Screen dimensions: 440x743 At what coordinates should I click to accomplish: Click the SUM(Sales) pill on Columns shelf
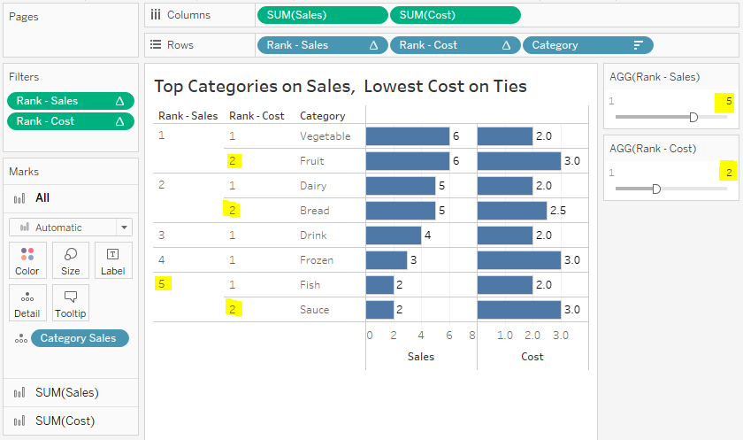322,15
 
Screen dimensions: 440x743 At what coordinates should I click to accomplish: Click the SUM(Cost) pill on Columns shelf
455,15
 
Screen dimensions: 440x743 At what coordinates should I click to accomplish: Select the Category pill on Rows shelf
587,45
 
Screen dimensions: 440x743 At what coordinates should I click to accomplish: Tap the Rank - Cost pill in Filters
70,121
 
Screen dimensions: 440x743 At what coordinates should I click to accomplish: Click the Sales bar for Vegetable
407,136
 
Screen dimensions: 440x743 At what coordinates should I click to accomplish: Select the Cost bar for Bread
512,211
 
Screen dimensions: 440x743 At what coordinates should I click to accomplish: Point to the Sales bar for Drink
393,235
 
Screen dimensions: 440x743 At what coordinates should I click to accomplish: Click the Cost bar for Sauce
519,310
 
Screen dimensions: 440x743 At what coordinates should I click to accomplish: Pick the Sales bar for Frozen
386,260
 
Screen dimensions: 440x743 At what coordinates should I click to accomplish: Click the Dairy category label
313,186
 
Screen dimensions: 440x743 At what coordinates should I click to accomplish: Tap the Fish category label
310,285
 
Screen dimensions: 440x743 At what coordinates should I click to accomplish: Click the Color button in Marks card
27,261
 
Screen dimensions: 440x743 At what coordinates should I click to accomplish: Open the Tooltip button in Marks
71,304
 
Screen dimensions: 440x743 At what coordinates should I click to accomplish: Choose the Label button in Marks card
112,261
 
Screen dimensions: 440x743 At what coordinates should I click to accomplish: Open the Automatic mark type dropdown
70,228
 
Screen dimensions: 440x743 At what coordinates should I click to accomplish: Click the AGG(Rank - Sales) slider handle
693,117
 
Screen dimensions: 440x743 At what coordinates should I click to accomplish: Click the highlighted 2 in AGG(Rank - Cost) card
729,173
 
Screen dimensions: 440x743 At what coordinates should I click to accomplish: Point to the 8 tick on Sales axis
472,336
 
